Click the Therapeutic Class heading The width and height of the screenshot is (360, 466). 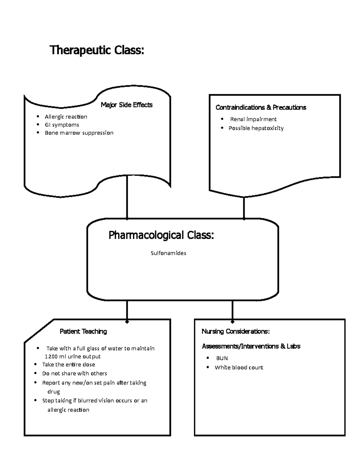pyautogui.click(x=97, y=50)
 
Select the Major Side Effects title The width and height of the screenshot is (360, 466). pyautogui.click(x=127, y=105)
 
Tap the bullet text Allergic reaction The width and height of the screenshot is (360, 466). pyautogui.click(x=66, y=117)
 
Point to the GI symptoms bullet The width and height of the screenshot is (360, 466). pyautogui.click(x=62, y=125)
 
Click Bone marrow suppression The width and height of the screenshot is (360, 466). pyautogui.click(x=79, y=133)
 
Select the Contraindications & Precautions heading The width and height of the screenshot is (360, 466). pyautogui.click(x=261, y=107)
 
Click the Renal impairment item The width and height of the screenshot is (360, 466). pyautogui.click(x=253, y=119)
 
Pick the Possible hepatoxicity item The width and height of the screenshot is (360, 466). pyautogui.click(x=256, y=128)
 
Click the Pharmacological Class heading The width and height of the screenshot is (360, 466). pyautogui.click(x=161, y=235)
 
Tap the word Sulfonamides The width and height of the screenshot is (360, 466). pyautogui.click(x=168, y=253)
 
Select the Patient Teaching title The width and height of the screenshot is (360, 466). pyautogui.click(x=83, y=332)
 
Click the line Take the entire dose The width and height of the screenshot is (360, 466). pyautogui.click(x=68, y=365)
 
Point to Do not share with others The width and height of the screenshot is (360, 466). pyautogui.click(x=74, y=374)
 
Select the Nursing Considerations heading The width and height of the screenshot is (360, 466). pyautogui.click(x=235, y=332)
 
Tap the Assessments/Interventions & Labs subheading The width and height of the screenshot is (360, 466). pyautogui.click(x=251, y=346)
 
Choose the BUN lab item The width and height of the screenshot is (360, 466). pyautogui.click(x=222, y=358)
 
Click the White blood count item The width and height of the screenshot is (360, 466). pyautogui.click(x=239, y=368)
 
